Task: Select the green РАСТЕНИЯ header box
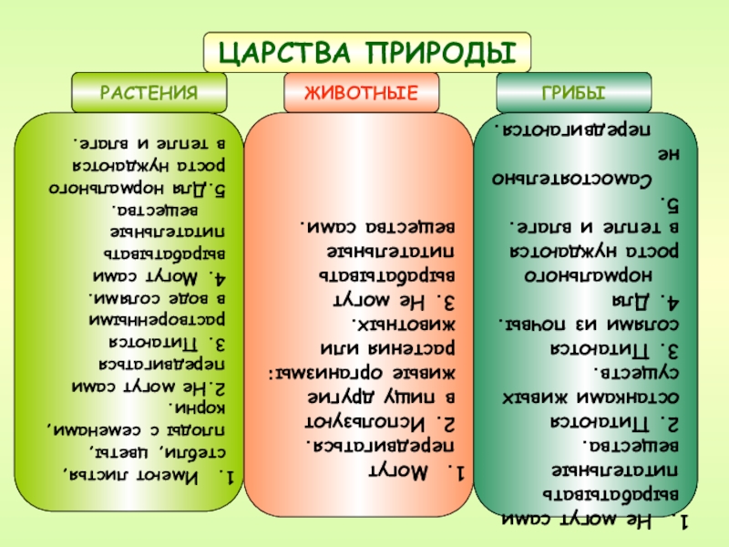(149, 93)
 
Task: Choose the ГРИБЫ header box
(574, 93)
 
